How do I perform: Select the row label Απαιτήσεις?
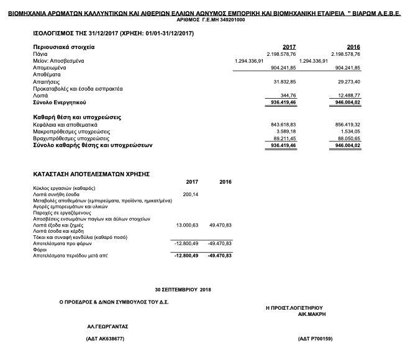[47, 81]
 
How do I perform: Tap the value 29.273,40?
[348, 81]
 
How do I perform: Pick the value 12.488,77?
[348, 95]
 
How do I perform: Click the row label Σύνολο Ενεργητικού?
[60, 102]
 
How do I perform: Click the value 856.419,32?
[347, 125]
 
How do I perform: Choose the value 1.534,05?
[350, 132]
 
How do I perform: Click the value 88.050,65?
[348, 138]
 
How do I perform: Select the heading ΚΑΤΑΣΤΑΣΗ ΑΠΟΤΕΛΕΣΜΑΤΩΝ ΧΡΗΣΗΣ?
[91, 174]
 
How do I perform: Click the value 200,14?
[190, 194]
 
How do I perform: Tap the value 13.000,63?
[187, 225]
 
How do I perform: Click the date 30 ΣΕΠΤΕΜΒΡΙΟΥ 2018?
[183, 290]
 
